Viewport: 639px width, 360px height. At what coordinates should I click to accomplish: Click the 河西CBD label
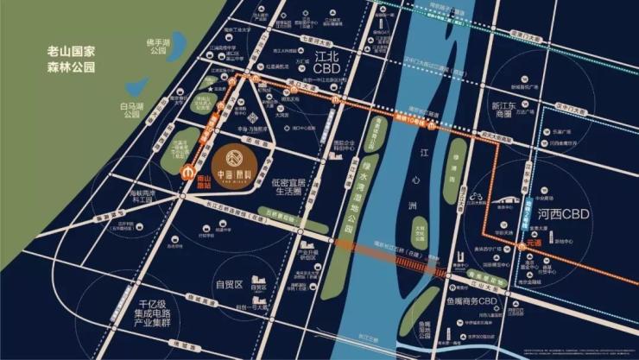coord(579,212)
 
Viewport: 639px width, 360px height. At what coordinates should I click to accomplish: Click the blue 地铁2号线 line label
coord(526,203)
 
